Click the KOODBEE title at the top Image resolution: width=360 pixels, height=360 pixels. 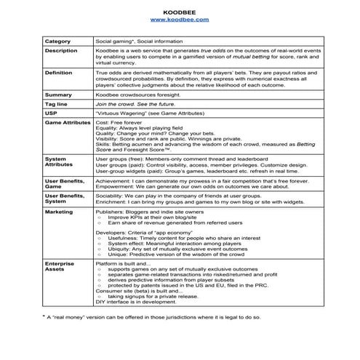click(x=180, y=12)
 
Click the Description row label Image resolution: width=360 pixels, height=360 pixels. click(x=61, y=51)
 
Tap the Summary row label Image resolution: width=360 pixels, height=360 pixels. click(x=58, y=95)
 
